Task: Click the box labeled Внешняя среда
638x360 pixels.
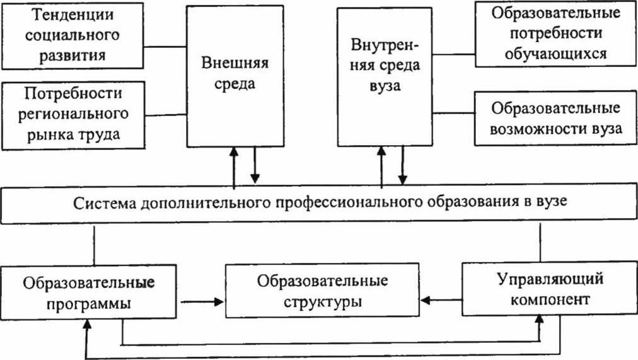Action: coord(235,76)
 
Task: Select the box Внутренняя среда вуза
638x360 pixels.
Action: coord(385,76)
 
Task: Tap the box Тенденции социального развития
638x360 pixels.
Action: coord(72,35)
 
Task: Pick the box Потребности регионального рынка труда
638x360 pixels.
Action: coord(73,115)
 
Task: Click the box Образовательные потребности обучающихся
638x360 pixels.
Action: coord(555,34)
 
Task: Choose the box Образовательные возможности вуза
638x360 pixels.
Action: coord(556,119)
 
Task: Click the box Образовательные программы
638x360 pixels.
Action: coord(88,292)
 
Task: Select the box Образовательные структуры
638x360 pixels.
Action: coord(322,290)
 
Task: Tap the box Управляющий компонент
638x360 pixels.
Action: coord(550,288)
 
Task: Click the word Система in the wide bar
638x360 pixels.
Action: coord(104,203)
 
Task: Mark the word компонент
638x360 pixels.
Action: coord(550,300)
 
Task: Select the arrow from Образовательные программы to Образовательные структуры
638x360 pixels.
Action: coord(202,302)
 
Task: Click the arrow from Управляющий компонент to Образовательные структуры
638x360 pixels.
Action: coord(441,301)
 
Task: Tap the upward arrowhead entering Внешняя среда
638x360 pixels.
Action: coord(233,152)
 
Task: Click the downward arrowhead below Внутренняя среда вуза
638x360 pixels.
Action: coord(402,180)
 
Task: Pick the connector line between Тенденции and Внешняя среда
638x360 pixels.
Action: coord(165,47)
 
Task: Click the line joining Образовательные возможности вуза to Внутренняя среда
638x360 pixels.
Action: coord(453,113)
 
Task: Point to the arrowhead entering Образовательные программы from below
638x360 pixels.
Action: coord(86,324)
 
